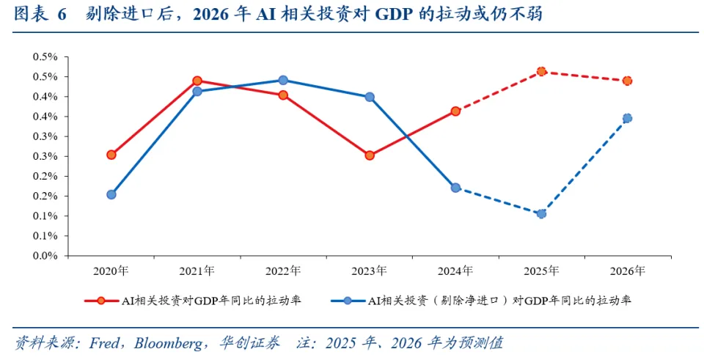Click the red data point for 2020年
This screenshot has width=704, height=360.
pos(111,155)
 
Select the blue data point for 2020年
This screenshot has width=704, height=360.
pos(111,194)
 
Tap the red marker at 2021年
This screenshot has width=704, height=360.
pos(197,81)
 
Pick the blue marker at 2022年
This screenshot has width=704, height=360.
pos(283,80)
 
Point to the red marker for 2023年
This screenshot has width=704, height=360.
pos(370,155)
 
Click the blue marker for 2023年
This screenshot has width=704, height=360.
pos(370,97)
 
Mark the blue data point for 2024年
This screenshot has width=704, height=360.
pos(455,188)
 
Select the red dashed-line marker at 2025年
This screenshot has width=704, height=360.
pos(541,71)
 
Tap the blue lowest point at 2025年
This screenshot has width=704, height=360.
pos(541,213)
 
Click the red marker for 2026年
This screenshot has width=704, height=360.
pos(627,81)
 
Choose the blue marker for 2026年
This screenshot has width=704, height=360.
pos(627,118)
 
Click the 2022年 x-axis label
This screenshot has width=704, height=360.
pos(283,271)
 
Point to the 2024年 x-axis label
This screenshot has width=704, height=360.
pos(455,271)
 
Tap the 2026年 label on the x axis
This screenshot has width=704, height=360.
pos(627,271)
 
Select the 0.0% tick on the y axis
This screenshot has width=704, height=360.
pos(45,257)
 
